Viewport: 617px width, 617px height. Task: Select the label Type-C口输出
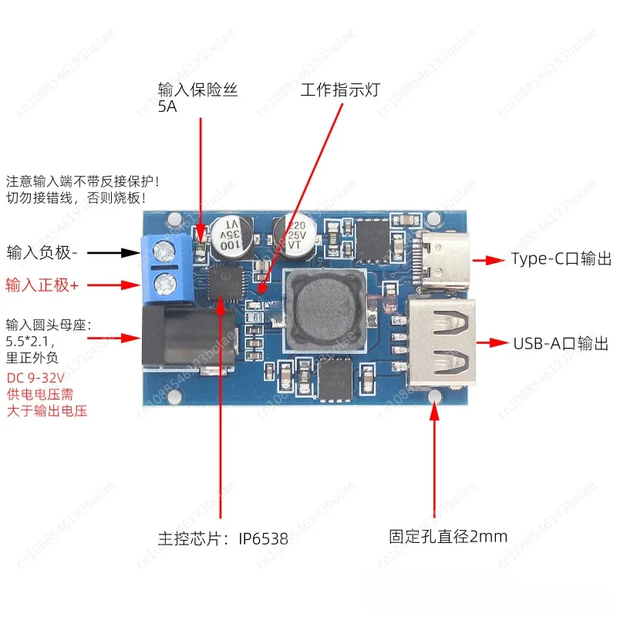point(561,259)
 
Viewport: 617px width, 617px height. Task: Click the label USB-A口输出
point(561,343)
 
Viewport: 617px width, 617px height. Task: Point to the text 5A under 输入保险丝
point(167,108)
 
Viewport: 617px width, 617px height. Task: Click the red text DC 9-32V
point(35,379)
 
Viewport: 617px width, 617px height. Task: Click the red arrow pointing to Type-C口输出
point(487,260)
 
